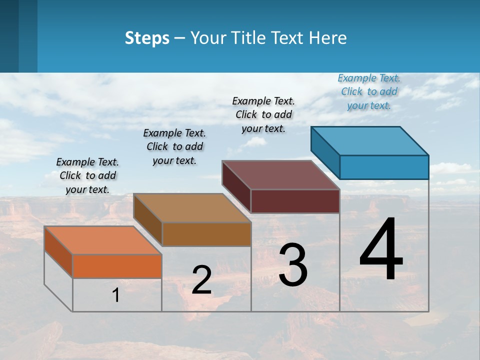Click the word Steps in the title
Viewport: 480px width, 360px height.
click(x=147, y=38)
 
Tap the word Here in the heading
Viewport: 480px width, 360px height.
click(x=327, y=38)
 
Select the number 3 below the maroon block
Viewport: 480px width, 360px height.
click(x=293, y=265)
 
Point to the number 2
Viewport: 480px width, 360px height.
click(x=201, y=280)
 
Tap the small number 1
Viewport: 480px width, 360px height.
click(x=116, y=295)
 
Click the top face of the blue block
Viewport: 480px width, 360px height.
click(x=370, y=141)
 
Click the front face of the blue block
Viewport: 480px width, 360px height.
click(x=384, y=167)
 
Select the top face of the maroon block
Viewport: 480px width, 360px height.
click(x=281, y=175)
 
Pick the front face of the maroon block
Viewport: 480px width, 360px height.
click(x=295, y=201)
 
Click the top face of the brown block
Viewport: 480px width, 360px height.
click(x=192, y=208)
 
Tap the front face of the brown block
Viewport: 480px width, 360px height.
click(x=206, y=234)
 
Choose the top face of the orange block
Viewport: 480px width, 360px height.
click(x=103, y=240)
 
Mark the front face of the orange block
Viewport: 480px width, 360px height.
click(x=117, y=266)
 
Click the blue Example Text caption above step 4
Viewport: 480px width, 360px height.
click(x=369, y=91)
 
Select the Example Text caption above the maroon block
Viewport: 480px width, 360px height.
click(x=263, y=114)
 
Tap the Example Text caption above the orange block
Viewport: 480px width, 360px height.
click(x=87, y=175)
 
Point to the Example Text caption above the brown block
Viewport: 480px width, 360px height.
click(x=174, y=146)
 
